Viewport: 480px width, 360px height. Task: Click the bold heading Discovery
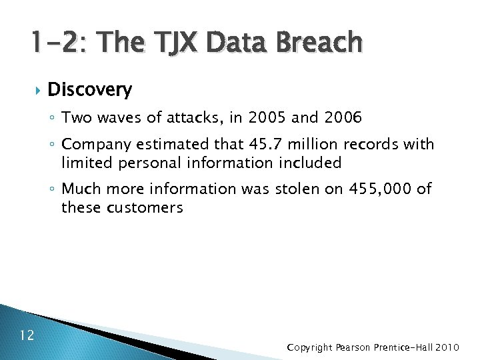90,89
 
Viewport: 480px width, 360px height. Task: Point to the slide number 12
27,335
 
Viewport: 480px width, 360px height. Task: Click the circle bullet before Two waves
53,119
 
